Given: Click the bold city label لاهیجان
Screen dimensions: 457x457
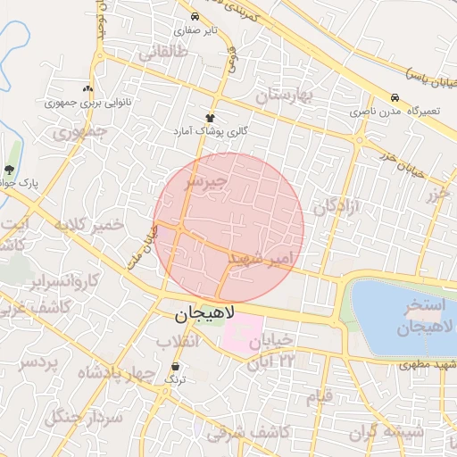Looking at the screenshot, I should pos(203,314).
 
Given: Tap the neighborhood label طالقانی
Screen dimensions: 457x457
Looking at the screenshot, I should pos(162,53).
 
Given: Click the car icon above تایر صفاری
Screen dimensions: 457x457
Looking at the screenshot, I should pos(195,16).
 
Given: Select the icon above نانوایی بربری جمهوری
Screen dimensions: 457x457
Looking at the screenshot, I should pos(87,88).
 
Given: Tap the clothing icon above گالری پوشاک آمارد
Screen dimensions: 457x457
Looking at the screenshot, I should pos(211,117).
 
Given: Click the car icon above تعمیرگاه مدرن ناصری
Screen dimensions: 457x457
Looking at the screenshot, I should pos(395,97).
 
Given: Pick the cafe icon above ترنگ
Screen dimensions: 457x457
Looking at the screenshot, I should pos(174,366).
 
